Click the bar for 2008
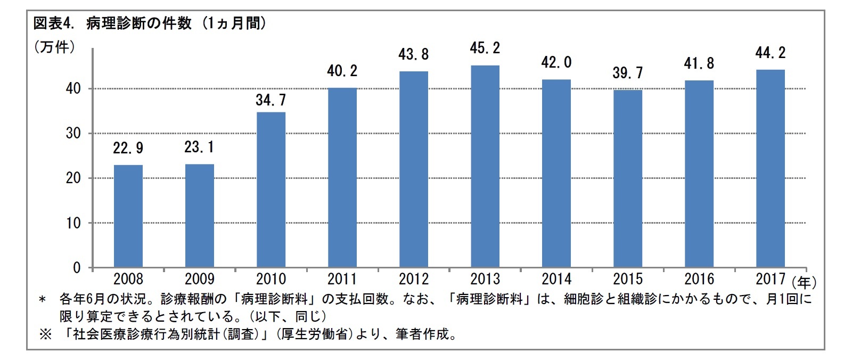pos(128,216)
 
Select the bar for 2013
pos(485,166)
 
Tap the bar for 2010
pos(271,190)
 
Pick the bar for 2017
pos(770,168)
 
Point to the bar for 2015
pos(628,178)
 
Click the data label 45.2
pos(485,48)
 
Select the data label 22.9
pos(128,148)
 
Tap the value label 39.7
pos(628,73)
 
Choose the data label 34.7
pos(271,100)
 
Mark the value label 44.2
pos(770,53)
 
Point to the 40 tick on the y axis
pos(73,89)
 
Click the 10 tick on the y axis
pos(73,223)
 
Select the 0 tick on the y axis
pos(77,268)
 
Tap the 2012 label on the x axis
pos(414,279)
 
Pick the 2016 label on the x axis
pos(699,279)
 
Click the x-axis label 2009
pos(200,279)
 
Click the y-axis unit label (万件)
pos(54,47)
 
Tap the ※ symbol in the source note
pos(45,335)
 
